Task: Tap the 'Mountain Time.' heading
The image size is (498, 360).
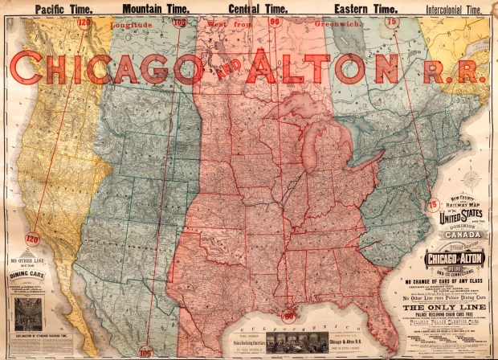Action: click(154, 9)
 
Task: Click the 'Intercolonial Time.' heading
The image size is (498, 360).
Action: click(455, 9)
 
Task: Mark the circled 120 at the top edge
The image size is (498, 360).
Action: click(84, 22)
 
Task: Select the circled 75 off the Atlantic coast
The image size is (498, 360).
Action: click(433, 204)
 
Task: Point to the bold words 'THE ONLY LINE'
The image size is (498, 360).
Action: click(452, 307)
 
